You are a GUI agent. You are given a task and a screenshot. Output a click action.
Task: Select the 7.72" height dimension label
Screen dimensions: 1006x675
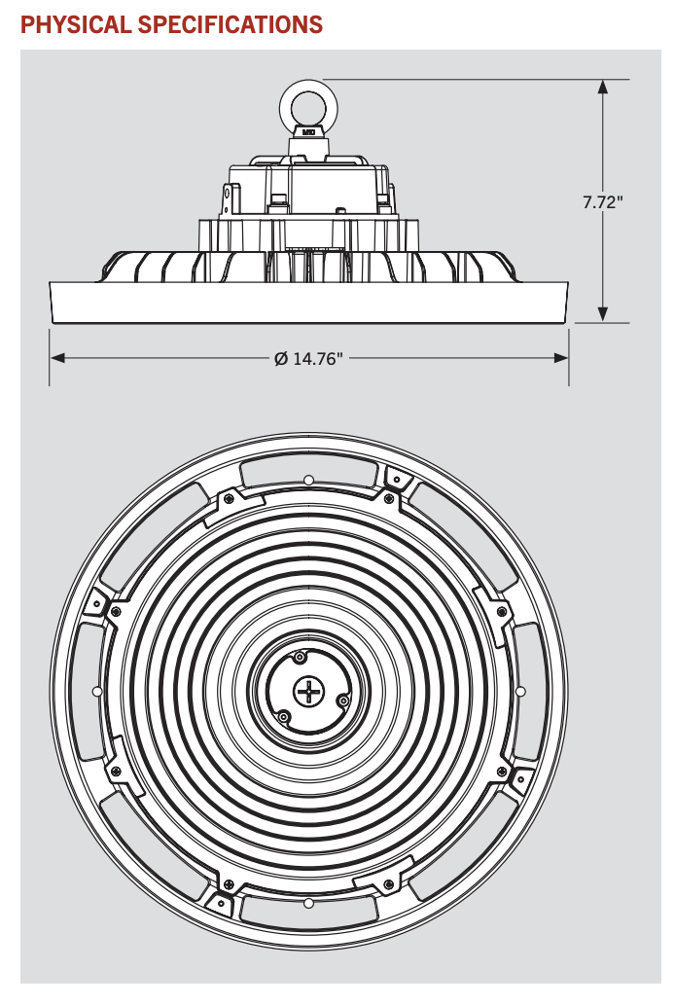603,202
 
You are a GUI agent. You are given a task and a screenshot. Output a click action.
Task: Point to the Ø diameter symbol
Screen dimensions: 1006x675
280,359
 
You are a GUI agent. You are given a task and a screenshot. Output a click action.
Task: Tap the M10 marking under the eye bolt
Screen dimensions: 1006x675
308,130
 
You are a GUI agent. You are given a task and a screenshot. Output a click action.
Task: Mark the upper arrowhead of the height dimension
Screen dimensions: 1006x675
603,87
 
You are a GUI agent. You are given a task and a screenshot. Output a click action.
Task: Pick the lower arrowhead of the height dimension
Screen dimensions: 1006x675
603,313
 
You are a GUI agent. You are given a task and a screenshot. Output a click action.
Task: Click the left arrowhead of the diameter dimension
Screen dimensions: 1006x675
57,358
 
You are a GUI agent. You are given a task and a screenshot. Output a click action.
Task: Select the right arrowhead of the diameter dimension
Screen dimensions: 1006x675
561,358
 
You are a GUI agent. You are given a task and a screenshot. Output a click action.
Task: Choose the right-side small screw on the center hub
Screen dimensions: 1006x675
341,700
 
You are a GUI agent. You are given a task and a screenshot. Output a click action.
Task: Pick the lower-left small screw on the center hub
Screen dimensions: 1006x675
283,716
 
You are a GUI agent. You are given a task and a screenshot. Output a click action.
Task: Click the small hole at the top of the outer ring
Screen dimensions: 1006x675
308,480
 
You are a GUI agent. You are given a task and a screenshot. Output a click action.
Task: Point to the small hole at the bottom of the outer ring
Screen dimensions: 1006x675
308,904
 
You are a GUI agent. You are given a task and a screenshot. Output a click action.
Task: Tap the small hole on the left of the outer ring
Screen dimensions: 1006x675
95,691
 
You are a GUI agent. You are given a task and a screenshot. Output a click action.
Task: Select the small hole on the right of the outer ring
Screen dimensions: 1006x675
520,691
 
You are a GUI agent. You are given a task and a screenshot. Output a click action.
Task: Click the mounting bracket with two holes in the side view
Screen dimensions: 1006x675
230,198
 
